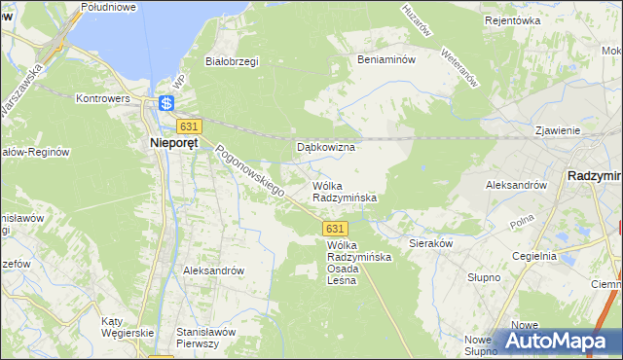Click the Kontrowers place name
(103, 99)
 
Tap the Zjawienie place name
(558, 129)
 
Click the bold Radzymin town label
(594, 175)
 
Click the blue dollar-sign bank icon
(166, 102)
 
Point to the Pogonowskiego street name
(249, 169)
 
